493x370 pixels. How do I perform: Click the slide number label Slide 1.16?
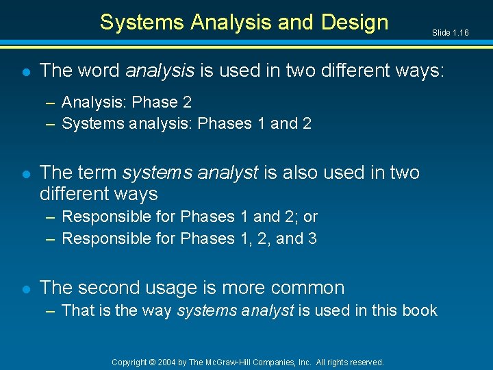coord(450,33)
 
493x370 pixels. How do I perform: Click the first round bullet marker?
coord(25,71)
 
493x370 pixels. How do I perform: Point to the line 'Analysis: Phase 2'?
coord(126,102)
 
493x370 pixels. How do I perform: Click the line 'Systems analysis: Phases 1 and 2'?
coord(186,124)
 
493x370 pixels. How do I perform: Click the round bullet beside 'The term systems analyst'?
coord(25,173)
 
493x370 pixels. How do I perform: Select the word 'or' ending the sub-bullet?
coord(310,217)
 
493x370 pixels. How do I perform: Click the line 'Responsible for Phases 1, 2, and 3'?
coord(189,238)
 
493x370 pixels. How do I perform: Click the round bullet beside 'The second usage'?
coord(25,288)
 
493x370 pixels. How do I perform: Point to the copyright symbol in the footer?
coord(154,362)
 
